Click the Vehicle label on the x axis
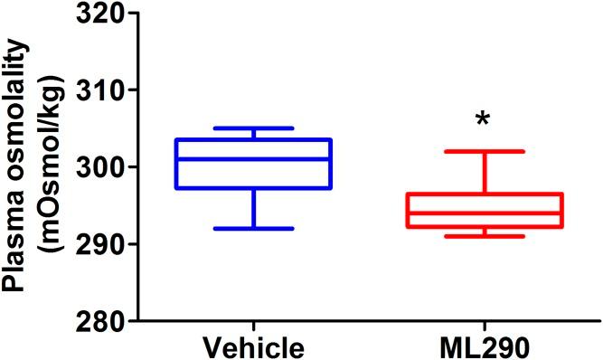[254, 346]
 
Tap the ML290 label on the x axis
[485, 346]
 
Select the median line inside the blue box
[254, 159]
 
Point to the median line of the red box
[485, 213]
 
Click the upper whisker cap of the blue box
[254, 128]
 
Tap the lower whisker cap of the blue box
[254, 229]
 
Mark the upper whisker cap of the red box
[485, 151]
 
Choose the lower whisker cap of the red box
[485, 236]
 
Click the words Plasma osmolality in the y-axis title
[15, 167]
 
